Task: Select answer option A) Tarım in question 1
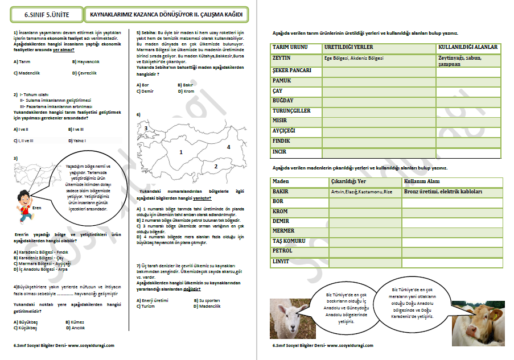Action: (x=22, y=61)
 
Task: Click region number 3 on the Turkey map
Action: (x=146, y=129)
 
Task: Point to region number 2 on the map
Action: (x=216, y=166)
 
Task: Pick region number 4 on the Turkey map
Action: (x=228, y=147)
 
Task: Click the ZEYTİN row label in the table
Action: (x=282, y=58)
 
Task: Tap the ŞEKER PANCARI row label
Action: (x=292, y=71)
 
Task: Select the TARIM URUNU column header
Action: (x=290, y=47)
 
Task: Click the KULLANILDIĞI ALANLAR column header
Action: (x=468, y=47)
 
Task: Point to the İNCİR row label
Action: (x=279, y=152)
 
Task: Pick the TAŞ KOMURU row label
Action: (x=289, y=241)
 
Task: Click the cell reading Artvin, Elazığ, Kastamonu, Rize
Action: (x=361, y=192)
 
